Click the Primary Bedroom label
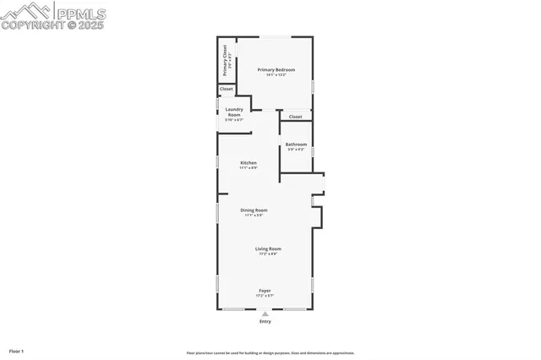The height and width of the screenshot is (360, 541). pos(276,69)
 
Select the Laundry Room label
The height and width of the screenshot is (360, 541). pos(234,112)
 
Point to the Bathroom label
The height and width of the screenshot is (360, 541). pos(296,144)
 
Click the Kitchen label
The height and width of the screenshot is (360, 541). pos(249,162)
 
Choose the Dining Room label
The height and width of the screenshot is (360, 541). pos(254,210)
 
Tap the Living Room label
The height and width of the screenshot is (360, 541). pos(269,248)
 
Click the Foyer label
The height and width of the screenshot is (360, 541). pos(265,291)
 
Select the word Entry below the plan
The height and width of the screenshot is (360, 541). pos(265,322)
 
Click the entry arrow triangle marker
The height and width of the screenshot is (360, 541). pos(265,314)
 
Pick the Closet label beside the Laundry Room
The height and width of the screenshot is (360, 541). pos(227,89)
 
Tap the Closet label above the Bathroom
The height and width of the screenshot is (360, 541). pos(295,117)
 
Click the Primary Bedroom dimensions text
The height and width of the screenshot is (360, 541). pos(276,75)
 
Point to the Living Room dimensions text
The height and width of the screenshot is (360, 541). pos(269,254)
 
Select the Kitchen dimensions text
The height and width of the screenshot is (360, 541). pos(249,167)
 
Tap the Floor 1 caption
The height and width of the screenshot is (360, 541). pos(17,350)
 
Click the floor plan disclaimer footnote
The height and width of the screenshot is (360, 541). pos(270,353)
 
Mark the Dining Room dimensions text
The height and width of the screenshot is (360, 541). pos(254,215)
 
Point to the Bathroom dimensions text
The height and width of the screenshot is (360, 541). pos(296,150)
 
